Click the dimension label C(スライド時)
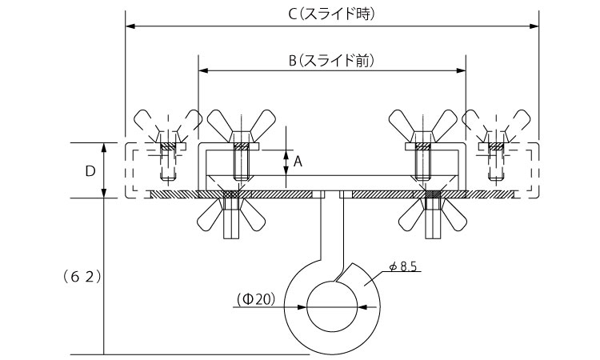click(x=332, y=14)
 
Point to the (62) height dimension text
click(x=80, y=276)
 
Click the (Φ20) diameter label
click(x=256, y=299)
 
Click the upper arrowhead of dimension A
click(x=286, y=153)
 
